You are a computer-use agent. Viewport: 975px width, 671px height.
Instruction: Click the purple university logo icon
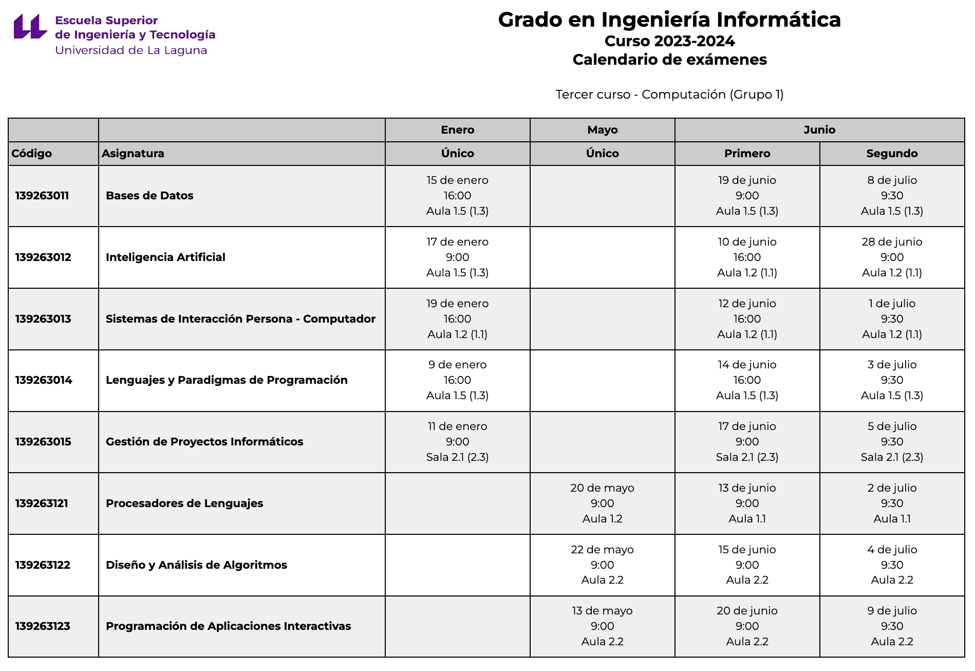point(30,26)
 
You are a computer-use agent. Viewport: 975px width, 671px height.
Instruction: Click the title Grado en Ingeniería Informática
point(669,20)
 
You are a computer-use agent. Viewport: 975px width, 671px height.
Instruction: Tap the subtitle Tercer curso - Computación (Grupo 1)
point(669,95)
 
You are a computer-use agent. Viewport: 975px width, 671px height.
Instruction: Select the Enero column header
point(457,130)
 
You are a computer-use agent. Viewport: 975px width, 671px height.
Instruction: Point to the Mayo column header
point(602,130)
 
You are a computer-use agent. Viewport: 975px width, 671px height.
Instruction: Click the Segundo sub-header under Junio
point(892,154)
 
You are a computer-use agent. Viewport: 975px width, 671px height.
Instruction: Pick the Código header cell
point(32,154)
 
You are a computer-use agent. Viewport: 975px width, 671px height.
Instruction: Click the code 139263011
point(42,196)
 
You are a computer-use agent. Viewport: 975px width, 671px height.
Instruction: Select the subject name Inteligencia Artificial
point(165,257)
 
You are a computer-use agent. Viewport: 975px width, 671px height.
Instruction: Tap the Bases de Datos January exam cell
point(457,196)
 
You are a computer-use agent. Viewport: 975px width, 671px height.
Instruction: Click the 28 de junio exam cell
point(892,257)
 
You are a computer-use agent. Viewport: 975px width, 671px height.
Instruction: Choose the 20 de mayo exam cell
point(602,504)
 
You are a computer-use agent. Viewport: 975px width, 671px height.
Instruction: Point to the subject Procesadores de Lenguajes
point(184,504)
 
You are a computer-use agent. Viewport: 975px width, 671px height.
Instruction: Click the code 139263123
point(43,626)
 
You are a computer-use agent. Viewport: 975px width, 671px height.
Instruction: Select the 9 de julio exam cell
point(892,626)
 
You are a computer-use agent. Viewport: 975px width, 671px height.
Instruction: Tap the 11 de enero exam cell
point(457,442)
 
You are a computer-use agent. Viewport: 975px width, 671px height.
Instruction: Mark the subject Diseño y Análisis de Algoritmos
point(196,565)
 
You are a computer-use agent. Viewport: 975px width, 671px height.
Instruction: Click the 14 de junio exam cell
point(747,380)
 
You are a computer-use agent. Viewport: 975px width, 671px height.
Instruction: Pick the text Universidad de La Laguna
point(131,50)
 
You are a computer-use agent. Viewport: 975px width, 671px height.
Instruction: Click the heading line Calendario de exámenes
point(669,60)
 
